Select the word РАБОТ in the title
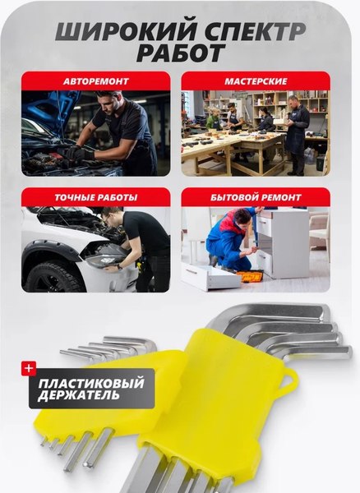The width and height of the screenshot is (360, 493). click(180, 54)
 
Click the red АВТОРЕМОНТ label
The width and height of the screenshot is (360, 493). click(95, 81)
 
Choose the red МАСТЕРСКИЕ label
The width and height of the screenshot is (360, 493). click(255, 81)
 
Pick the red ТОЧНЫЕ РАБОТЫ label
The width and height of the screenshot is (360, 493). click(95, 197)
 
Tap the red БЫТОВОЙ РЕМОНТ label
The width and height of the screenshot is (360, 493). click(255, 197)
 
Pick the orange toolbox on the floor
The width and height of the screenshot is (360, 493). click(252, 276)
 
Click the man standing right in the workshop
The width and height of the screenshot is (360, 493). click(297, 131)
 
